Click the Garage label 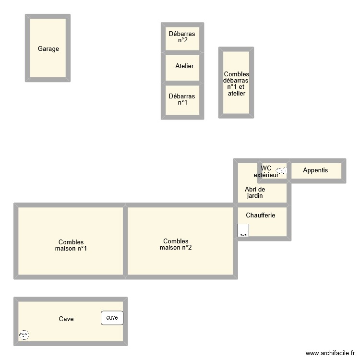click(x=48, y=48)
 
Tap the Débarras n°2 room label click(x=182, y=37)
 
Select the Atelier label click(x=184, y=66)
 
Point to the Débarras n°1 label click(x=182, y=99)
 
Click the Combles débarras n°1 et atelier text click(x=236, y=84)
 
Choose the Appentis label click(x=315, y=170)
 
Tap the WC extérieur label click(x=266, y=171)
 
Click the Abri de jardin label click(x=255, y=192)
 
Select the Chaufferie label click(x=261, y=216)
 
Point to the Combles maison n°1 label click(x=71, y=245)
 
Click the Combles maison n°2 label click(x=176, y=244)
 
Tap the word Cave click(x=66, y=319)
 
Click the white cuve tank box click(x=112, y=317)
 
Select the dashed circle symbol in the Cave click(x=24, y=335)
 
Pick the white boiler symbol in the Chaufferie click(x=243, y=231)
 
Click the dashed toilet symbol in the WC click(x=282, y=170)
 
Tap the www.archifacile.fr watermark click(x=329, y=352)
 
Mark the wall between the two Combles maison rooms click(x=125, y=241)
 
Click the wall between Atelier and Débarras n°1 click(x=182, y=83)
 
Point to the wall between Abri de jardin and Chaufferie click(x=262, y=205)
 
